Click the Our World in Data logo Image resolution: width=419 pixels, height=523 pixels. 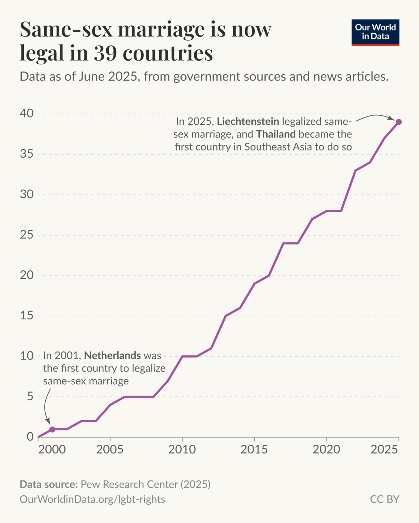click(375, 32)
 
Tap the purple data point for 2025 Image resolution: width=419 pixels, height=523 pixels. click(399, 122)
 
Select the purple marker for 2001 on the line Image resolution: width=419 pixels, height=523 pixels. click(52, 429)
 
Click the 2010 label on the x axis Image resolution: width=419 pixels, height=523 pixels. click(182, 450)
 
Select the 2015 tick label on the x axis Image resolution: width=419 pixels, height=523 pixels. click(254, 450)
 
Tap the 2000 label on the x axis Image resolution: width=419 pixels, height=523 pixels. click(52, 450)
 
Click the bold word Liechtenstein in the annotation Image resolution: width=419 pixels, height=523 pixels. click(248, 122)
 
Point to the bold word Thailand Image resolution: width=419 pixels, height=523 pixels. click(276, 134)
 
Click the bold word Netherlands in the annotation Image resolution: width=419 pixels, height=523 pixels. click(112, 356)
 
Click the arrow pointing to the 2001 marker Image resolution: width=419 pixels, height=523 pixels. click(46, 407)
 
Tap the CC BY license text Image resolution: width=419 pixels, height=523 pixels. click(384, 499)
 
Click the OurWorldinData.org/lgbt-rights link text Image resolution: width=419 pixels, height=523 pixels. click(92, 499)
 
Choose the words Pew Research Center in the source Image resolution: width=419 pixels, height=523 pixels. click(129, 484)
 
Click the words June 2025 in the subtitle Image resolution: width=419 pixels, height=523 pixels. click(107, 77)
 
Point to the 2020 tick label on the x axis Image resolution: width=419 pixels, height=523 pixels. click(326, 450)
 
